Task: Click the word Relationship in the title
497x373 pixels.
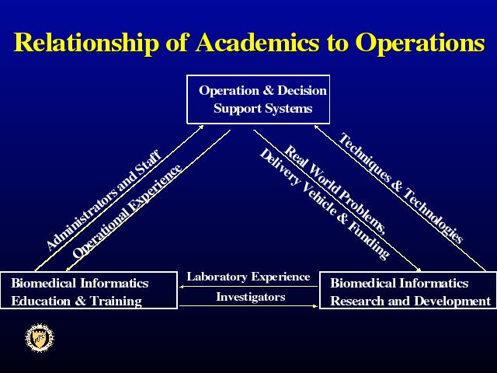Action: [85, 42]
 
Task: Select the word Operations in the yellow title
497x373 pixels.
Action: [420, 42]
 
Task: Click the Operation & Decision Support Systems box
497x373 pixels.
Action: [259, 99]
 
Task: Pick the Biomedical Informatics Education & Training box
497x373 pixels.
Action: [89, 290]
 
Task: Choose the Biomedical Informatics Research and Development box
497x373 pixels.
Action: [408, 290]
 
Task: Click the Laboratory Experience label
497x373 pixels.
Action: [248, 277]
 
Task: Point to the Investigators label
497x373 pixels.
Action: [250, 297]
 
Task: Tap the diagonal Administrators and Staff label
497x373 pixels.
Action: [104, 200]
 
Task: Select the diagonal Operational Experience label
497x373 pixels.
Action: [127, 211]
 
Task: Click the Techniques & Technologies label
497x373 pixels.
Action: [401, 188]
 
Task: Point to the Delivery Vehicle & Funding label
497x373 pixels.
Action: [325, 204]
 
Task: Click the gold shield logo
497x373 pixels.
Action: [40, 338]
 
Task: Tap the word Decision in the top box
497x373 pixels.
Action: [302, 90]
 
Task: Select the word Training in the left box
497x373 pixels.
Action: [116, 302]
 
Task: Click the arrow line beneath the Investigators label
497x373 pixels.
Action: [248, 306]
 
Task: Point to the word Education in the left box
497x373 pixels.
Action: [40, 301]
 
